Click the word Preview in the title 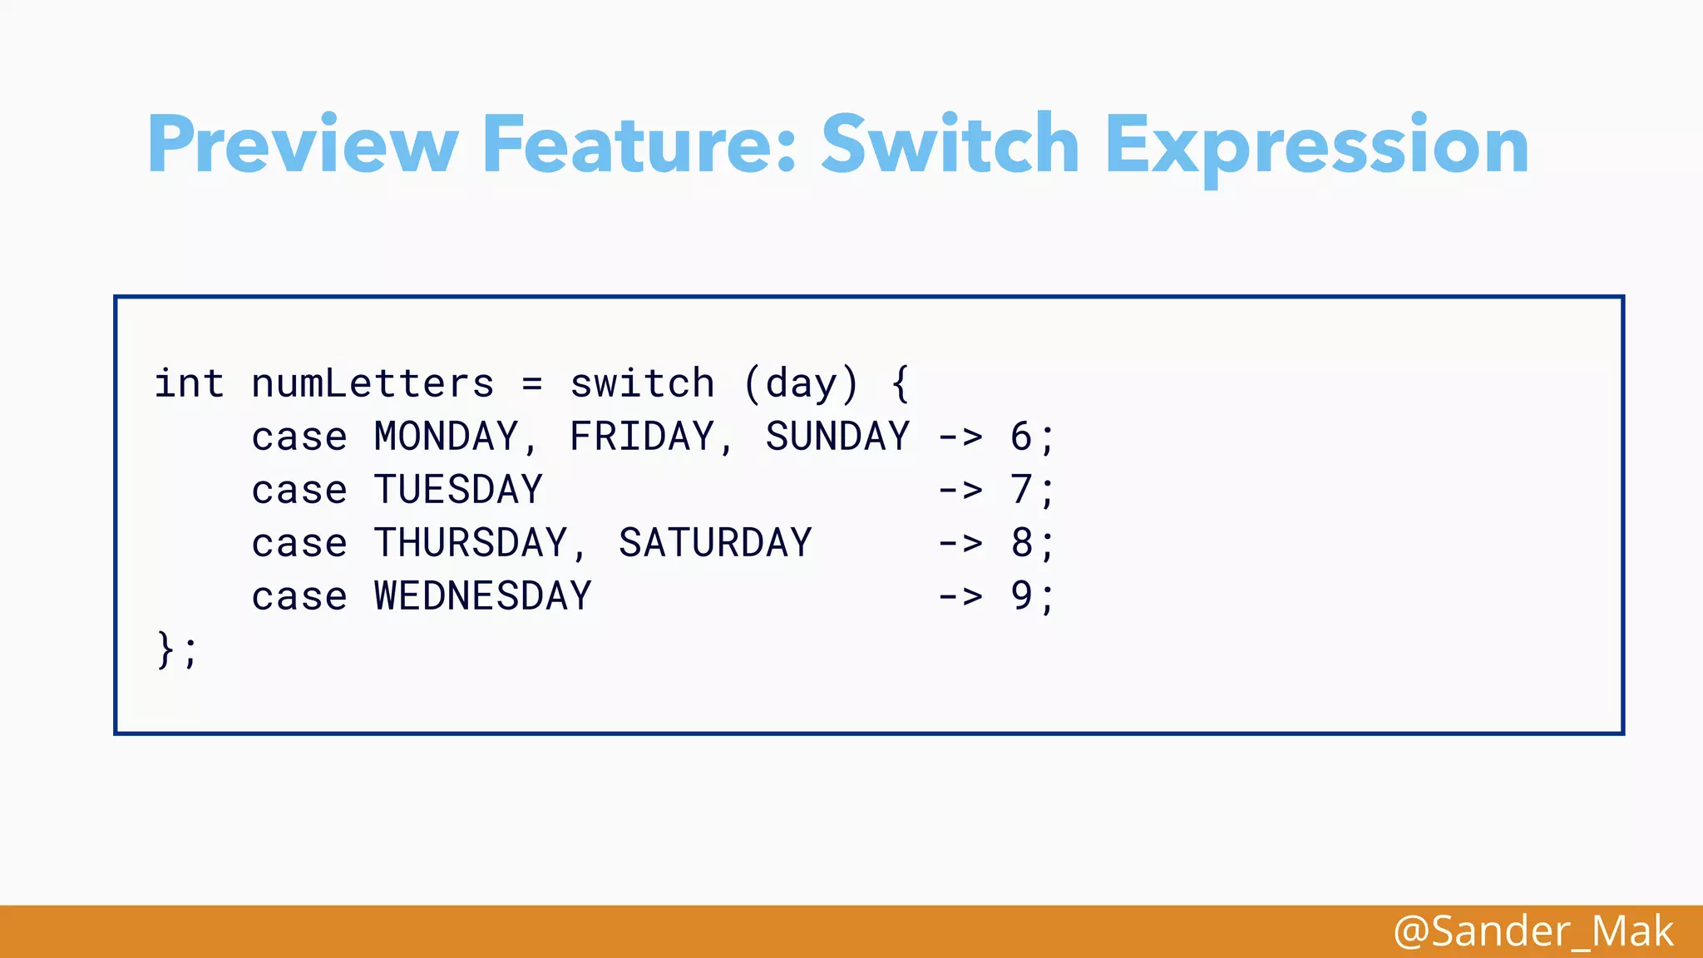[x=303, y=146]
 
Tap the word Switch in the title [x=950, y=146]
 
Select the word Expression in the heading [x=1316, y=146]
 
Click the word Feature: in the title [x=639, y=146]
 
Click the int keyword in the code [x=190, y=384]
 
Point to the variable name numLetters [x=373, y=384]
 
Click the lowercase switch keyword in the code [x=642, y=384]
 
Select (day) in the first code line [x=801, y=384]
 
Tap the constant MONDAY [x=447, y=437]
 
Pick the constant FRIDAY [x=642, y=437]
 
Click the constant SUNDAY [x=837, y=437]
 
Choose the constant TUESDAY [x=458, y=491]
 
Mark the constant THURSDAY [x=471, y=544]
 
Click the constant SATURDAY [x=715, y=544]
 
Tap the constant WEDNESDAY [x=483, y=597]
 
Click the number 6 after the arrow [x=1021, y=437]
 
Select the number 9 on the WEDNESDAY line [x=1021, y=597]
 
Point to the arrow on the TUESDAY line [x=960, y=491]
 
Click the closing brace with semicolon [x=176, y=650]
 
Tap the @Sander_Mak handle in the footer [x=1533, y=931]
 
